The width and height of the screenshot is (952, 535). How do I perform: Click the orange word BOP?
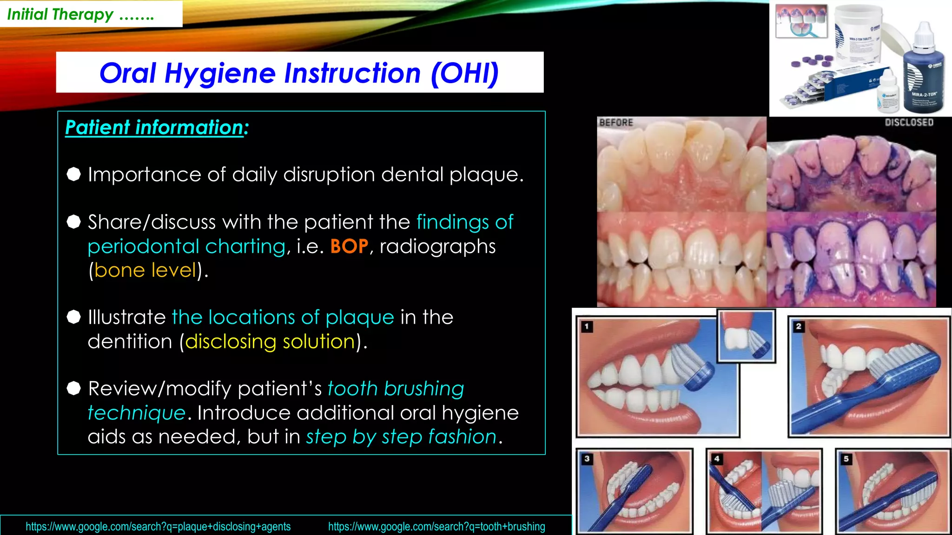pyautogui.click(x=349, y=246)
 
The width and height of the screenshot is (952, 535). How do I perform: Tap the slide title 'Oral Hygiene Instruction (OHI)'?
pyautogui.click(x=299, y=73)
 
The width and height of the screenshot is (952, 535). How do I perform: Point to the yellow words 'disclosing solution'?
pyautogui.click(x=270, y=341)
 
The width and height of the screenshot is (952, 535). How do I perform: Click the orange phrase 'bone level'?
pyautogui.click(x=145, y=270)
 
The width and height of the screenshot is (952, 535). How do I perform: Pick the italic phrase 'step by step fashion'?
pyautogui.click(x=401, y=437)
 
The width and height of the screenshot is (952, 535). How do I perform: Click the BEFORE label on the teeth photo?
pyautogui.click(x=616, y=123)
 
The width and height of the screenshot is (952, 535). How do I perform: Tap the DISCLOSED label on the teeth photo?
pyautogui.click(x=909, y=123)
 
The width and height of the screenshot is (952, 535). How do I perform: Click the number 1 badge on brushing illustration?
pyautogui.click(x=587, y=326)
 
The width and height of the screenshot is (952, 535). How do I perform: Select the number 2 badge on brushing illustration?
pyautogui.click(x=798, y=326)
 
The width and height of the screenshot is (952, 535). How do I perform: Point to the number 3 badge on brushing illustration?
pyautogui.click(x=587, y=459)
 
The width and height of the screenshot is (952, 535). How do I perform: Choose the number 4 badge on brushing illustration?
pyautogui.click(x=716, y=459)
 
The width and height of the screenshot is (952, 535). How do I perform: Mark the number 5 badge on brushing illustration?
pyautogui.click(x=846, y=459)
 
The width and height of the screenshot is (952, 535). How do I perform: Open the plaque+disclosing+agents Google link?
pyautogui.click(x=158, y=527)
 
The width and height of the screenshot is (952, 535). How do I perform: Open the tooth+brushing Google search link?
pyautogui.click(x=436, y=527)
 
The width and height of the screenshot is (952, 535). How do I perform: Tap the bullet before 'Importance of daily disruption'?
pyautogui.click(x=73, y=174)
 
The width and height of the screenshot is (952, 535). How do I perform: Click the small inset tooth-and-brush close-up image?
pyautogui.click(x=746, y=336)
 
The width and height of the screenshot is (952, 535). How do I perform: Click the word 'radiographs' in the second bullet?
pyautogui.click(x=437, y=246)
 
